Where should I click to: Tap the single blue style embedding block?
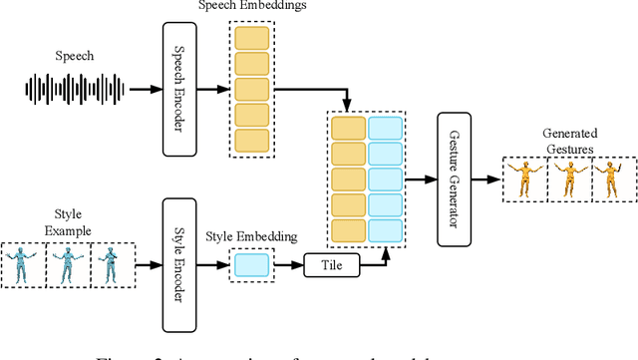[x=250, y=265]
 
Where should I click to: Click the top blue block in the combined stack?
[x=386, y=128]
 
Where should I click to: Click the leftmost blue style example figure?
[x=21, y=265]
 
